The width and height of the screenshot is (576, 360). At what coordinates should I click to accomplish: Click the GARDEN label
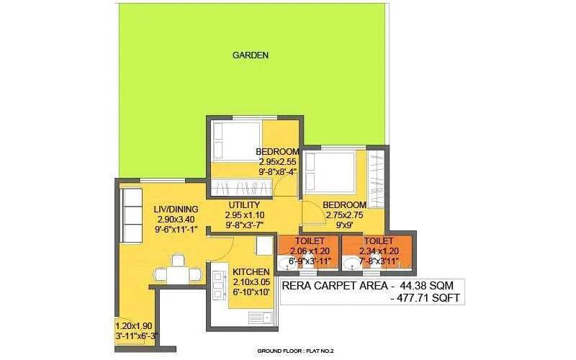251,55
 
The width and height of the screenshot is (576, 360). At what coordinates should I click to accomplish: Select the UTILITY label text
242,204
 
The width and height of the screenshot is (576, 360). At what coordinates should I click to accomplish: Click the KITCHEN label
251,271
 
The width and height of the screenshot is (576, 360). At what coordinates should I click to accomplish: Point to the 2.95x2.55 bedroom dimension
276,162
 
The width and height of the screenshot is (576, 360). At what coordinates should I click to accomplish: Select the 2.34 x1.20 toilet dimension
379,251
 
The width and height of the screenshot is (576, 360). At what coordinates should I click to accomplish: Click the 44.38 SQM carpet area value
424,285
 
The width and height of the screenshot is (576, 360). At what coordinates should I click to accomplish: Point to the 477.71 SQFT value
428,297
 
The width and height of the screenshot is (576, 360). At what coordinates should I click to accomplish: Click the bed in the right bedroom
329,171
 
